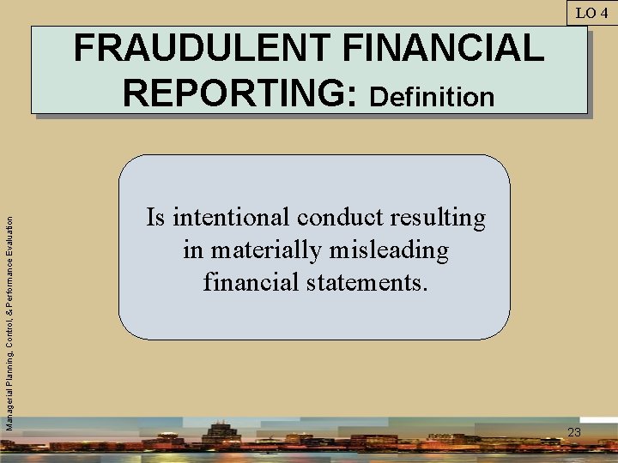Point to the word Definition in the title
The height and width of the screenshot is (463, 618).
tap(432, 96)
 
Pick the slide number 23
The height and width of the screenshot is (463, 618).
tap(574, 432)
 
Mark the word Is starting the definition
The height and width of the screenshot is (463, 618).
tap(155, 219)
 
